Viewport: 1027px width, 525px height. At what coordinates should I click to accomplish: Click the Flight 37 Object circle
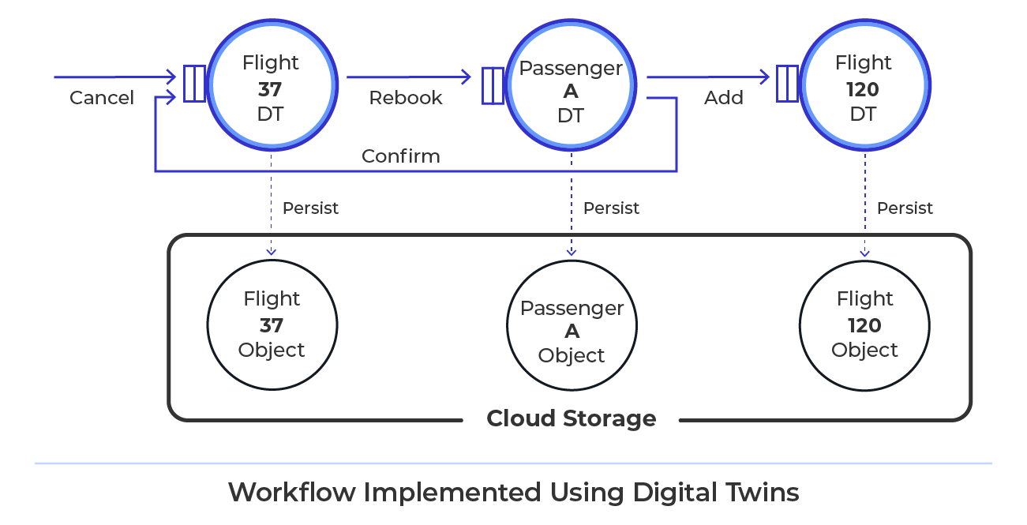coord(272,324)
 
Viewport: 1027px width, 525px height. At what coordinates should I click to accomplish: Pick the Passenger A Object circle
coord(572,331)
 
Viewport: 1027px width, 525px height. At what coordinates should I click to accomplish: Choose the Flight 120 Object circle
coord(864,324)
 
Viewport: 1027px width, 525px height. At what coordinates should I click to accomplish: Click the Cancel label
coord(102,98)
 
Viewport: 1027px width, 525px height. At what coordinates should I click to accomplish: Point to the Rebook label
coord(406,98)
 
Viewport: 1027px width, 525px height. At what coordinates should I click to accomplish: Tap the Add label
coord(724,98)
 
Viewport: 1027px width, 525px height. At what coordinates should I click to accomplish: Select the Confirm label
coord(401,156)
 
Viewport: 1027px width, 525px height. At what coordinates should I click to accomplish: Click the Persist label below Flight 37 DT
coord(310,208)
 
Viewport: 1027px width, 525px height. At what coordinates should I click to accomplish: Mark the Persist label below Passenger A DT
coord(611,208)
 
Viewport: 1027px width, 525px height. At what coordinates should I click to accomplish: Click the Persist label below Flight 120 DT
coord(905,208)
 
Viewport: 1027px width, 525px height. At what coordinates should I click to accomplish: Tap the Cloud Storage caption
coord(571,418)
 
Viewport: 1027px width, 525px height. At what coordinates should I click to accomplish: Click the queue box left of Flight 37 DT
coord(194,84)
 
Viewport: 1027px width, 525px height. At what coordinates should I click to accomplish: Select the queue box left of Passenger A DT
coord(493,86)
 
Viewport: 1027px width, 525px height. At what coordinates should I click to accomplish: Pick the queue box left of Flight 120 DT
coord(787,84)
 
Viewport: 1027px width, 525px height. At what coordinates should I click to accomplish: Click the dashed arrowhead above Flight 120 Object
coord(864,253)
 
